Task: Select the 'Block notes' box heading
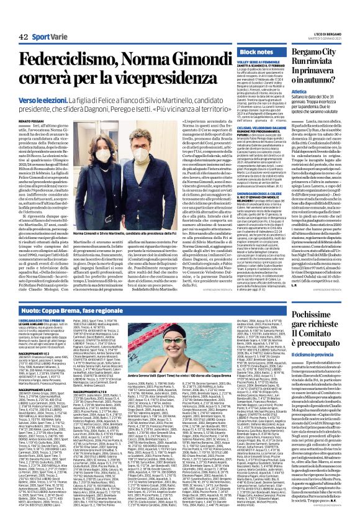tap(256, 52)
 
